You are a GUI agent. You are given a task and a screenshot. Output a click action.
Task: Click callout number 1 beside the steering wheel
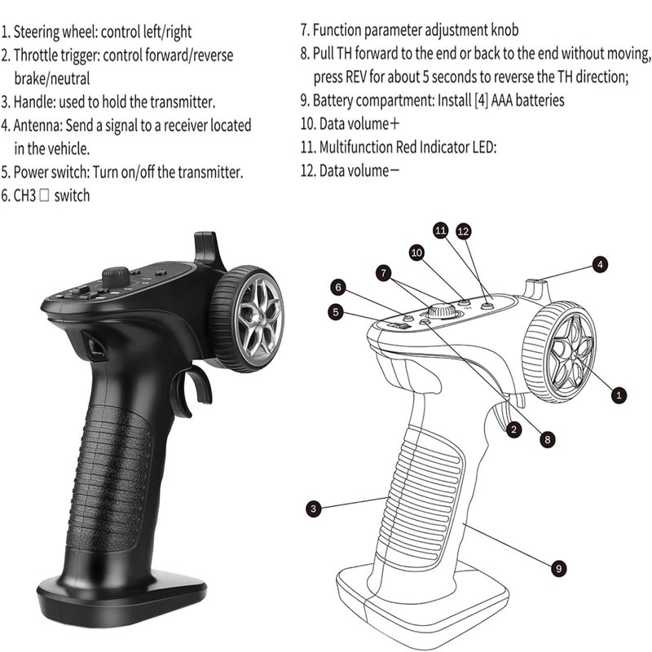[619, 394]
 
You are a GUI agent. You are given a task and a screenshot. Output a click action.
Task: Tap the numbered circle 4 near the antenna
[600, 264]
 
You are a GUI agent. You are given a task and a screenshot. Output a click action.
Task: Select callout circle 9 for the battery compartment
[559, 568]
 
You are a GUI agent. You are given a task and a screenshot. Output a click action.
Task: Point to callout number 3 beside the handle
[314, 508]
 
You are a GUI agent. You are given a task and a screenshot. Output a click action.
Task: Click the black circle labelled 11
[440, 230]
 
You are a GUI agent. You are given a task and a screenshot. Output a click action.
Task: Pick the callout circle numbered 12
[463, 231]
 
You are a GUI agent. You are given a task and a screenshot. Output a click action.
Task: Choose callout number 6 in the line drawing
[338, 287]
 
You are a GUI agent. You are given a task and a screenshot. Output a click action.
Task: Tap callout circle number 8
[547, 439]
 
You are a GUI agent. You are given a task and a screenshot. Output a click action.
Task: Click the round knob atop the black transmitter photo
[116, 276]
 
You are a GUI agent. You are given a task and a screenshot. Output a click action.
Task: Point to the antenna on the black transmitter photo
[207, 249]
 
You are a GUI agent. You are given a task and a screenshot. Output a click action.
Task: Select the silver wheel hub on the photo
[258, 319]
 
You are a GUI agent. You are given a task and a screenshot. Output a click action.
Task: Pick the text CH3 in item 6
[25, 196]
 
